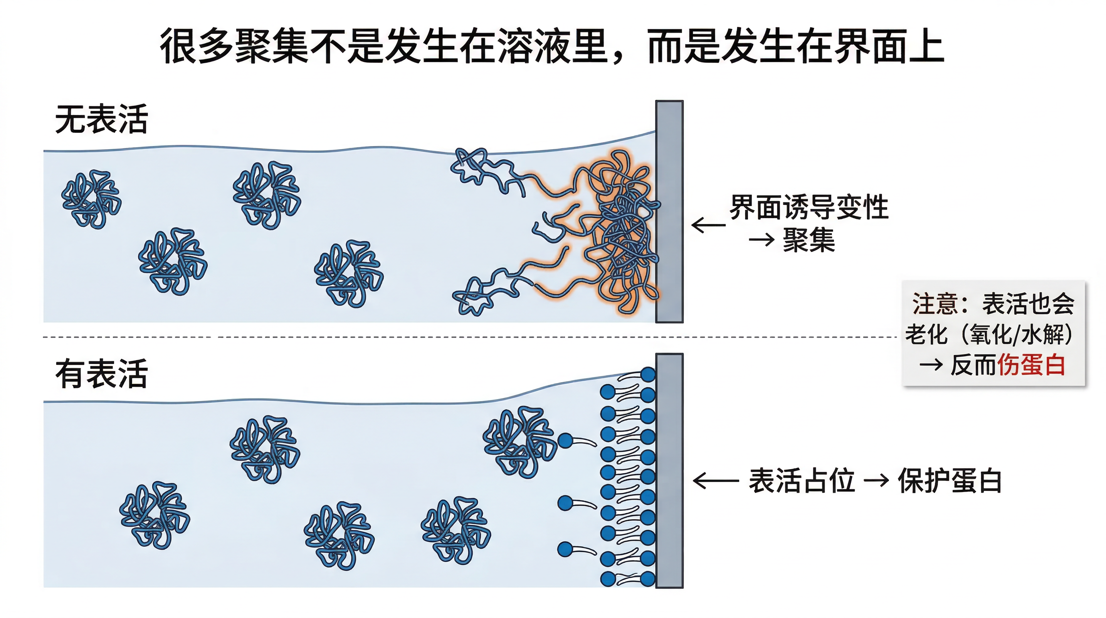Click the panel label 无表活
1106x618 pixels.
[x=102, y=119]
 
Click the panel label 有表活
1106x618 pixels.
[x=102, y=374]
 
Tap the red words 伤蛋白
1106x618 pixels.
[x=1031, y=365]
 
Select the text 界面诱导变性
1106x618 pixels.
[x=809, y=208]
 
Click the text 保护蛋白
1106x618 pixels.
[x=950, y=480]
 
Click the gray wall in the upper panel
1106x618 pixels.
[x=669, y=212]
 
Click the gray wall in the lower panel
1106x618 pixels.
[x=669, y=471]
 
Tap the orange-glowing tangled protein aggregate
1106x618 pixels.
[x=618, y=232]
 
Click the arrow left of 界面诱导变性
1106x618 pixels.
[x=709, y=225]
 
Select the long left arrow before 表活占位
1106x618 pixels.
[x=716, y=481]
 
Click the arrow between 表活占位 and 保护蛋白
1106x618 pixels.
[x=876, y=480]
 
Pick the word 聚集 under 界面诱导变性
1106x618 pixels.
[x=809, y=240]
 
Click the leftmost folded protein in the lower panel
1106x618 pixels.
[x=155, y=515]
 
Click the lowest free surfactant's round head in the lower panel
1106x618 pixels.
[x=565, y=549]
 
